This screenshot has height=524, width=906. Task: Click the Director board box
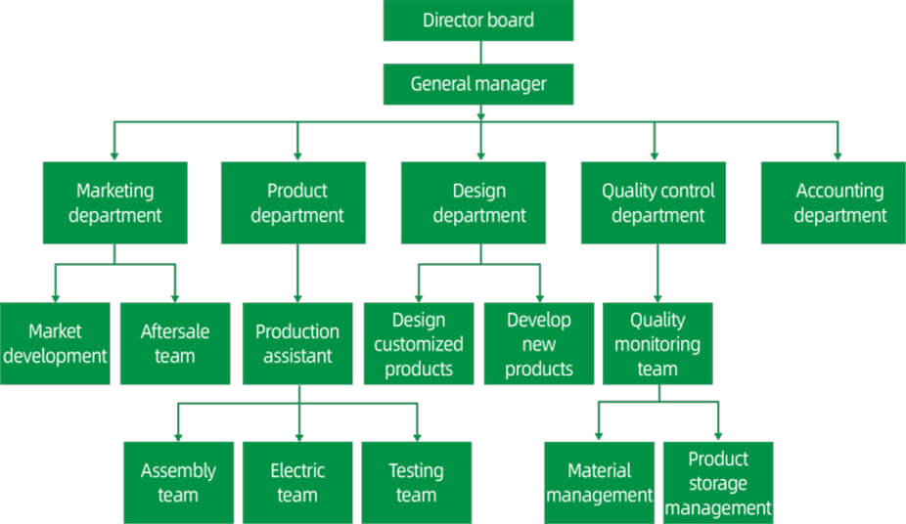[477, 21]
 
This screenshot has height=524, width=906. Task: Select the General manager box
[477, 84]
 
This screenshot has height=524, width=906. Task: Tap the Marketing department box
[114, 202]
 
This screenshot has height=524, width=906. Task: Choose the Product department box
[296, 202]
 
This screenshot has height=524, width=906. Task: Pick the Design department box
[478, 202]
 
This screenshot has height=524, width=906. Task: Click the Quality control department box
[657, 202]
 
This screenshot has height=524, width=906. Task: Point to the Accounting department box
[838, 202]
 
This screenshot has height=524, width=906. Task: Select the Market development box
[54, 343]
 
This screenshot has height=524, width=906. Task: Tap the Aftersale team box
[174, 343]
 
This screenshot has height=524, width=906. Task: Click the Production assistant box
[296, 343]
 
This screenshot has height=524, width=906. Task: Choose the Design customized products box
[418, 343]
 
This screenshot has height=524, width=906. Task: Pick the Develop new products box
[539, 343]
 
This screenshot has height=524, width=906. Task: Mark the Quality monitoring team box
[657, 343]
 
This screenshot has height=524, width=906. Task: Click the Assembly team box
[177, 482]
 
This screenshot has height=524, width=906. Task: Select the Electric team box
[296, 482]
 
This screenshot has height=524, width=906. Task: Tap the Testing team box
[416, 482]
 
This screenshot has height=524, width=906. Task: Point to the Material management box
[599, 482]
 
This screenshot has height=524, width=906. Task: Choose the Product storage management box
[718, 482]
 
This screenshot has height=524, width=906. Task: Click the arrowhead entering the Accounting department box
[838, 154]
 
